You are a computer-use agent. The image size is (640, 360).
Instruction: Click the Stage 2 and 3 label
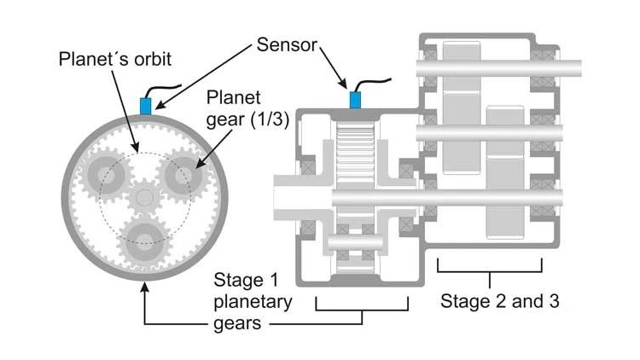click(499, 301)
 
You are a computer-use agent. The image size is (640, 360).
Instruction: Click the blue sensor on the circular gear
click(145, 106)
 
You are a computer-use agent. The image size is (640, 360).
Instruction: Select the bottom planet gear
click(142, 241)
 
